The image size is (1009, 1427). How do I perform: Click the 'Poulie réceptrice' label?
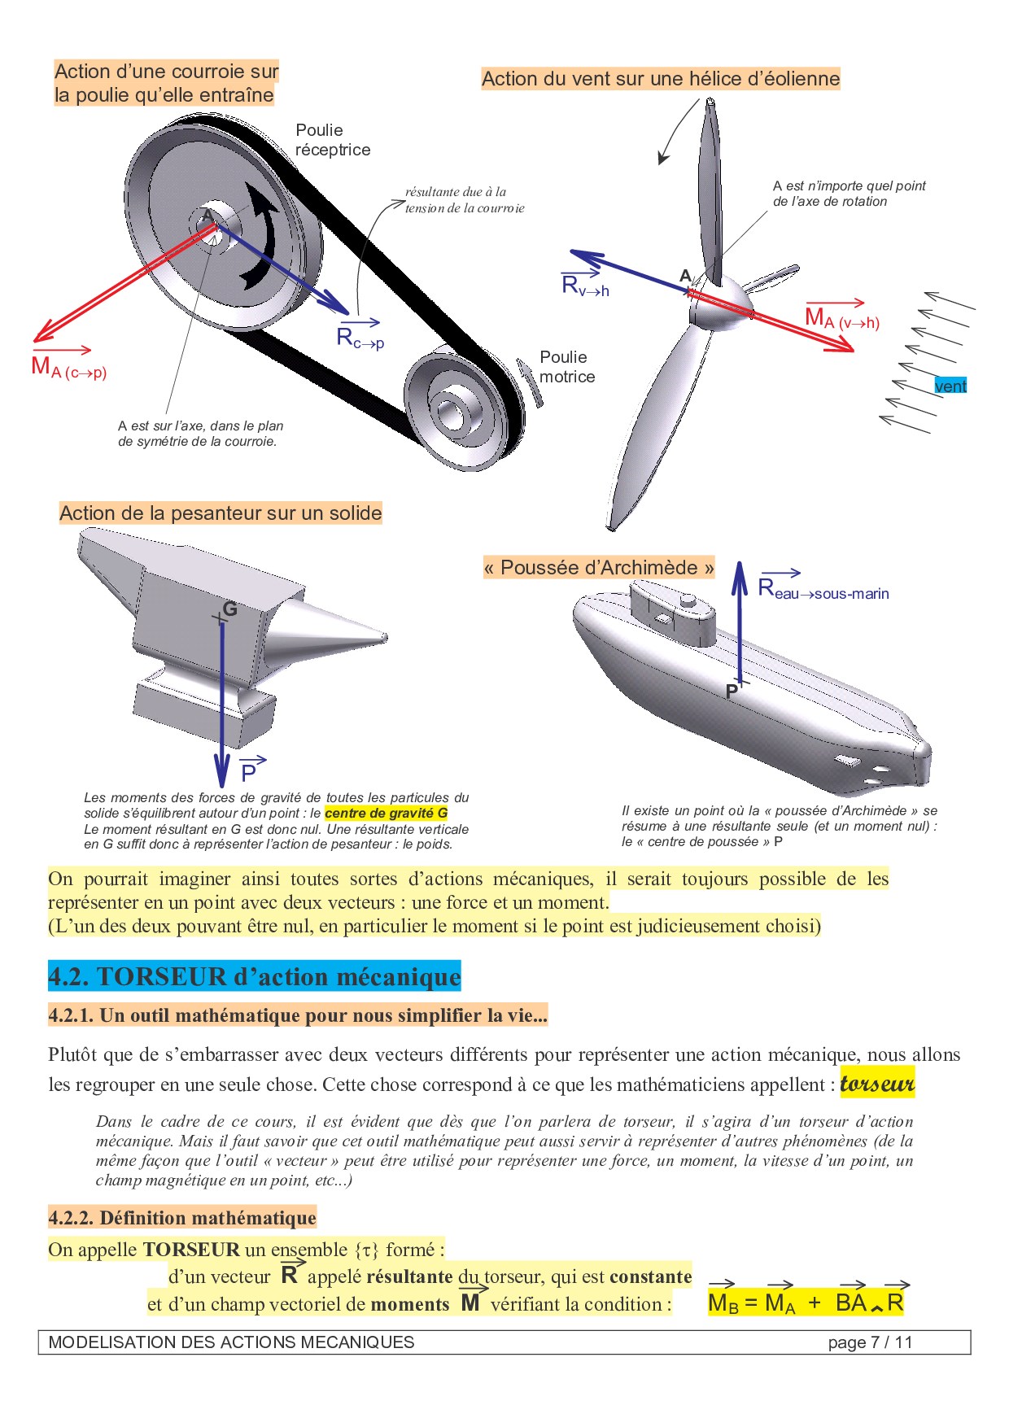tap(333, 140)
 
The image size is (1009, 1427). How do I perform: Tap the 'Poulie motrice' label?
tap(567, 367)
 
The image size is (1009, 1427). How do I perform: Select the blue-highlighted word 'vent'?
tap(950, 386)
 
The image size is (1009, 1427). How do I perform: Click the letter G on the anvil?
tap(229, 609)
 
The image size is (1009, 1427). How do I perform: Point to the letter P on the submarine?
tap(732, 692)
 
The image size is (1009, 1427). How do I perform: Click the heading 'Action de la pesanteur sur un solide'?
tap(221, 513)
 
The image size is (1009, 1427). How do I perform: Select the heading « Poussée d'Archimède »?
tap(599, 568)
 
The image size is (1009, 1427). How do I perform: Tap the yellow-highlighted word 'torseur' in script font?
tap(877, 1084)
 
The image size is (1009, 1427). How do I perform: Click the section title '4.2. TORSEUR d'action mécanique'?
tap(255, 976)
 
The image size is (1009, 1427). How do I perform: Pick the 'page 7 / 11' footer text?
tap(870, 1342)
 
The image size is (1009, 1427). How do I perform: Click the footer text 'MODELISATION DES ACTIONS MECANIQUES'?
tap(231, 1342)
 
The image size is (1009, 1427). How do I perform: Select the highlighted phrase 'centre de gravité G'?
tap(387, 813)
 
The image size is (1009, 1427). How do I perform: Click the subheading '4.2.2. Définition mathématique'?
tap(182, 1218)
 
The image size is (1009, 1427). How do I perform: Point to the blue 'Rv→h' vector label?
tap(585, 282)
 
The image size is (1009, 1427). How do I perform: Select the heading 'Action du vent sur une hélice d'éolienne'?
tap(661, 79)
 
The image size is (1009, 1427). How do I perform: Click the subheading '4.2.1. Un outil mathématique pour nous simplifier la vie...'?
tap(298, 1015)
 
